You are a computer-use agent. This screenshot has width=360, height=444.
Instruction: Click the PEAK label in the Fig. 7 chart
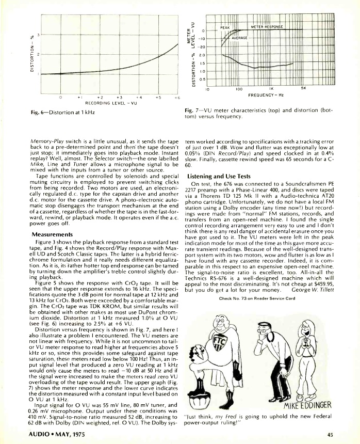[x=225, y=26]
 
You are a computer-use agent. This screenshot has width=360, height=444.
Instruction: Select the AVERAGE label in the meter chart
[x=241, y=38]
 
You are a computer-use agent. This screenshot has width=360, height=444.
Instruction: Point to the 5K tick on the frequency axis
[x=304, y=88]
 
